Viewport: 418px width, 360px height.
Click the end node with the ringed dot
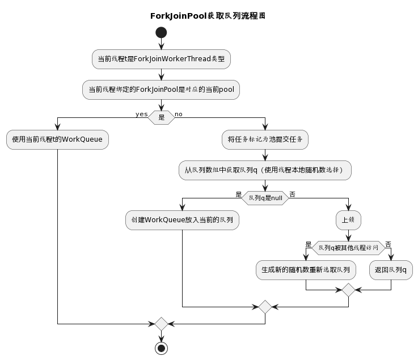click(x=162, y=348)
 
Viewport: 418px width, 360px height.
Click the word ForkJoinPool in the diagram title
click(x=178, y=16)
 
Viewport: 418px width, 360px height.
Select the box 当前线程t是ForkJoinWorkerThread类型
click(x=162, y=59)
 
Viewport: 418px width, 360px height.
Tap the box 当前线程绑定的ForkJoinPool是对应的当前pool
click(x=162, y=90)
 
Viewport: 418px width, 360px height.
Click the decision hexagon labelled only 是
click(x=162, y=117)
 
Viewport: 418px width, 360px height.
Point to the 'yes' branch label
click(x=141, y=114)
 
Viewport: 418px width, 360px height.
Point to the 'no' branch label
click(x=179, y=114)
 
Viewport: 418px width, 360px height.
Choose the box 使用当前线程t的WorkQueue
click(x=57, y=139)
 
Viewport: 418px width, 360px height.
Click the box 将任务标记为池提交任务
click(x=265, y=139)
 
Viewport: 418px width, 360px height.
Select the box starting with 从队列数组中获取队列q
click(x=265, y=170)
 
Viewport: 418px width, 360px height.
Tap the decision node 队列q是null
click(x=265, y=197)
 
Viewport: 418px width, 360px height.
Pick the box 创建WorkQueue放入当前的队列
click(x=182, y=219)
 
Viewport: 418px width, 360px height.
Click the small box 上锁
click(x=348, y=219)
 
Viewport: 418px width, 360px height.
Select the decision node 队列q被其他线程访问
click(x=348, y=247)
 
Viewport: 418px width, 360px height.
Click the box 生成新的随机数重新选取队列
click(x=306, y=269)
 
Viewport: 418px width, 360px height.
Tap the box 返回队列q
click(x=391, y=269)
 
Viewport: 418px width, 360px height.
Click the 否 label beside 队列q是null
click(x=293, y=194)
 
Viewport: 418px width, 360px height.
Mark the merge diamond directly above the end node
click(x=162, y=324)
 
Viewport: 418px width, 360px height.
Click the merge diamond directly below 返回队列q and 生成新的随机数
click(x=348, y=290)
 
